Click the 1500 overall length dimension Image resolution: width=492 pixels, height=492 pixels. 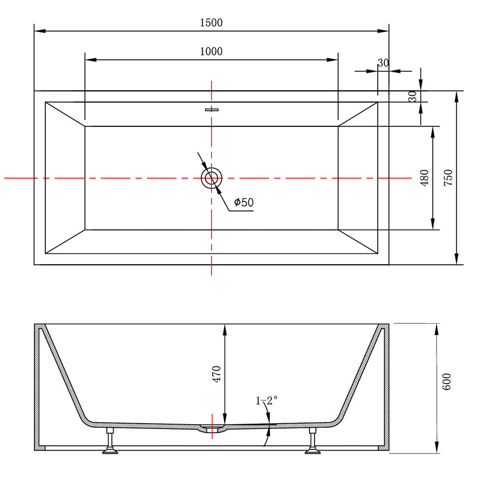[x=211, y=23]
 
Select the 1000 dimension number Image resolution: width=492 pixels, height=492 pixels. [x=211, y=51]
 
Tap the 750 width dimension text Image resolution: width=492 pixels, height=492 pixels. [x=448, y=178]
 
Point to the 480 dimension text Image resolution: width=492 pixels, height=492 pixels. [x=424, y=178]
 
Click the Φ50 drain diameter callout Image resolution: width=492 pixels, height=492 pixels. [x=244, y=202]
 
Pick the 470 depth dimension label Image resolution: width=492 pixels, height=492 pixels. [x=216, y=374]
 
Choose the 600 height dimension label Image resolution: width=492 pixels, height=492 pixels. [x=446, y=382]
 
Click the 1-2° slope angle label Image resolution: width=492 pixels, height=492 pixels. [x=266, y=400]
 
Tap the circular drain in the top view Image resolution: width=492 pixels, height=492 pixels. [x=212, y=178]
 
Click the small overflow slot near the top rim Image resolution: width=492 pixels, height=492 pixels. [x=212, y=110]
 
